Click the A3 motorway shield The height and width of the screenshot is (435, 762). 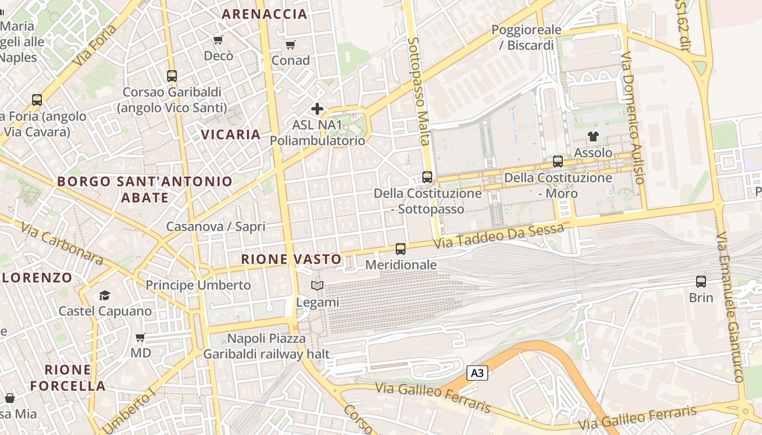point(477,373)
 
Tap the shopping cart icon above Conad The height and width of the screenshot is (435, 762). point(291,45)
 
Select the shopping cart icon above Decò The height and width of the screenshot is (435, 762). point(218,40)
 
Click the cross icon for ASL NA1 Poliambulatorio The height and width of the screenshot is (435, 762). point(317,109)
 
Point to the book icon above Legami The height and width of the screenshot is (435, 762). point(317,285)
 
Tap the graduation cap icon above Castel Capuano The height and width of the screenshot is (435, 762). point(105,295)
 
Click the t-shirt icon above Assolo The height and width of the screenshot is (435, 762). point(593,136)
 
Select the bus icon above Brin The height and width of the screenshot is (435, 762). point(701,282)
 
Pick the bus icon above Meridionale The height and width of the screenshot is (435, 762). point(401,249)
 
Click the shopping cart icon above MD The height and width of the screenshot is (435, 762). point(140,338)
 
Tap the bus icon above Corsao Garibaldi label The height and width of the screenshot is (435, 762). point(172,76)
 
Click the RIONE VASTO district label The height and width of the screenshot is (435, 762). point(292,259)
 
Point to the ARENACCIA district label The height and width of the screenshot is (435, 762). point(265,15)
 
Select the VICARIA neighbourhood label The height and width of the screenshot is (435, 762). point(231,134)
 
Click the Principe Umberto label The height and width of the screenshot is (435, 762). point(198,285)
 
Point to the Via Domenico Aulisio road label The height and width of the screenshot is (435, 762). point(633,117)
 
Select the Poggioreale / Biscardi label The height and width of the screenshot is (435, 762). point(526,38)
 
